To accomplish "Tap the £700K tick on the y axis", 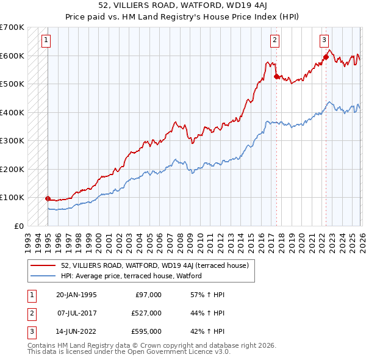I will tap(12, 27).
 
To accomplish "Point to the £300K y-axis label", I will tap(12, 141).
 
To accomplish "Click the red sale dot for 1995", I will tap(48, 198).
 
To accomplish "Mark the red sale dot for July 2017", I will tap(276, 76).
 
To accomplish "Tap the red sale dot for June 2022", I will tap(326, 57).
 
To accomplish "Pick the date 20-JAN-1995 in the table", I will tap(76, 295).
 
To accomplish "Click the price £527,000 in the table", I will tap(147, 313).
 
